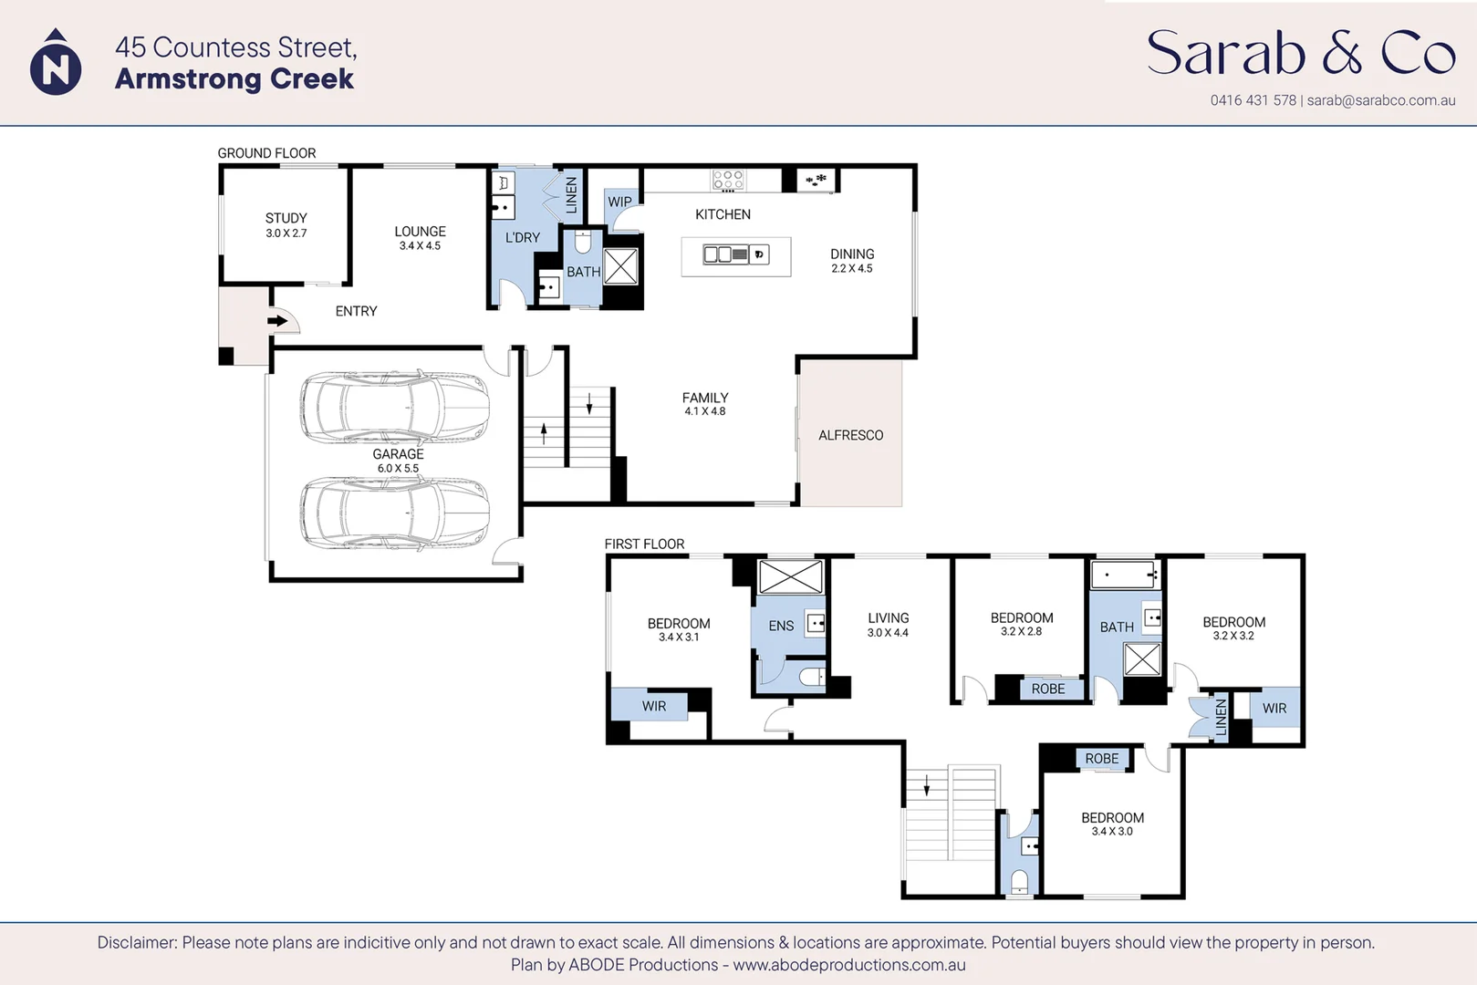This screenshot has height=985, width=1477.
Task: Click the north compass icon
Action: coord(56,65)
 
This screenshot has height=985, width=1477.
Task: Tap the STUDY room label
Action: coord(286,224)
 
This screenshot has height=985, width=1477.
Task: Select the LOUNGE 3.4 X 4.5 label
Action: coord(420,238)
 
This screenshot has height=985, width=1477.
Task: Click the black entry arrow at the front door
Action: coord(276,321)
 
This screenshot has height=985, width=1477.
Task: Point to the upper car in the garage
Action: coord(394,408)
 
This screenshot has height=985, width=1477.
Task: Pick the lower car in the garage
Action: coord(394,513)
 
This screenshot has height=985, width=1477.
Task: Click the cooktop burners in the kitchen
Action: coord(728,180)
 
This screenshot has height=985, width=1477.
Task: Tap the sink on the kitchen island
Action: coord(725,254)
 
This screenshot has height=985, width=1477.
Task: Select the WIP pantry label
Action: coord(619,202)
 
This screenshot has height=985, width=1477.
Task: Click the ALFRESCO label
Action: coord(850,436)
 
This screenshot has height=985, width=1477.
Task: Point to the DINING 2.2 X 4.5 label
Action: coord(852,260)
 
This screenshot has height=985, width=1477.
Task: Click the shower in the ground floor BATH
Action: coord(620,266)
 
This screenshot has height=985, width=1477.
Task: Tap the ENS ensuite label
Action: coord(781,626)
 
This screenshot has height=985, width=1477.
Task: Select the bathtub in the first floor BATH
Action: coord(1124,575)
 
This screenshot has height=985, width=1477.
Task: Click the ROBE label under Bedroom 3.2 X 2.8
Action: coord(1048,689)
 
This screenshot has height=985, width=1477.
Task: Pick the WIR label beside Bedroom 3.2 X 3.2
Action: coord(1274,708)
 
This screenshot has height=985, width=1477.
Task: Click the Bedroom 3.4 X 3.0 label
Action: coord(1112,824)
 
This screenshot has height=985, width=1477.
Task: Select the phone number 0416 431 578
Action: coord(1253,100)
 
